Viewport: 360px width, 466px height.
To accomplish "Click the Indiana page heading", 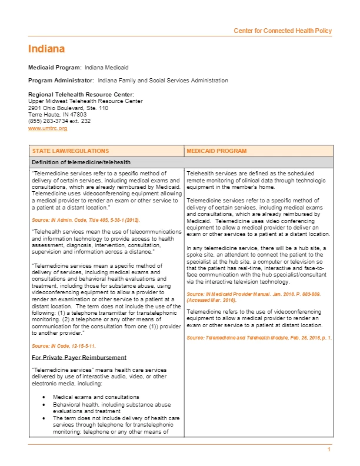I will point(46,49).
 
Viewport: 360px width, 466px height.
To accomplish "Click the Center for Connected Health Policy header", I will point(283,31).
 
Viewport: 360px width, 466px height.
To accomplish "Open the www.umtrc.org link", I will point(48,128).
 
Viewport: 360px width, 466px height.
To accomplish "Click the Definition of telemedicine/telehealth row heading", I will point(81,162).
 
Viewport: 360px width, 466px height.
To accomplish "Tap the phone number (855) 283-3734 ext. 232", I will point(59,121).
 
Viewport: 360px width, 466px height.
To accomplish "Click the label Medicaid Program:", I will point(55,68).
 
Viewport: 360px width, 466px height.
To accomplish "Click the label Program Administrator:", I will point(61,80).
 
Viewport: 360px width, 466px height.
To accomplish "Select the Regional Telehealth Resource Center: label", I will point(81,95).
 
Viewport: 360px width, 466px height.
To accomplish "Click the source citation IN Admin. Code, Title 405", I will point(86,219).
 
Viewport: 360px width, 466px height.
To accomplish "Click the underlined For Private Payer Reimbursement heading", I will point(79,357).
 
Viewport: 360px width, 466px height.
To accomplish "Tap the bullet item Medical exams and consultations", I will point(96,397).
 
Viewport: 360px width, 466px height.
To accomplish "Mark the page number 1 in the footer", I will point(329,450).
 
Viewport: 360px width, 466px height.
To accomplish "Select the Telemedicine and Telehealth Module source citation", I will point(259,338).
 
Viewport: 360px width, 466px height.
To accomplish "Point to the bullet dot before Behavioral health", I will point(45,405).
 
